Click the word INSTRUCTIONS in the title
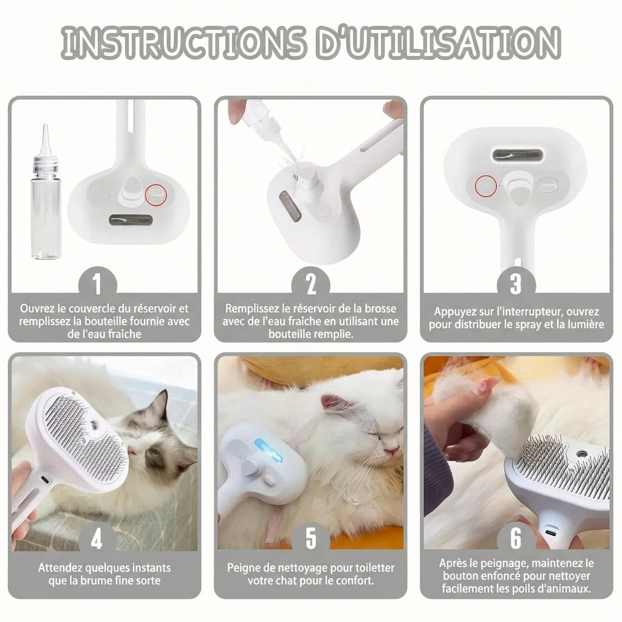[x=183, y=43]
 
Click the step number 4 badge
[x=97, y=539]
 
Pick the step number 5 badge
[x=310, y=539]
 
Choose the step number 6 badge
[x=516, y=539]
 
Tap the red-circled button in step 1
[x=155, y=195]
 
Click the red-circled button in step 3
[x=486, y=186]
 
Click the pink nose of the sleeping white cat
[x=393, y=450]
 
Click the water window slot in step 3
[x=518, y=155]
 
